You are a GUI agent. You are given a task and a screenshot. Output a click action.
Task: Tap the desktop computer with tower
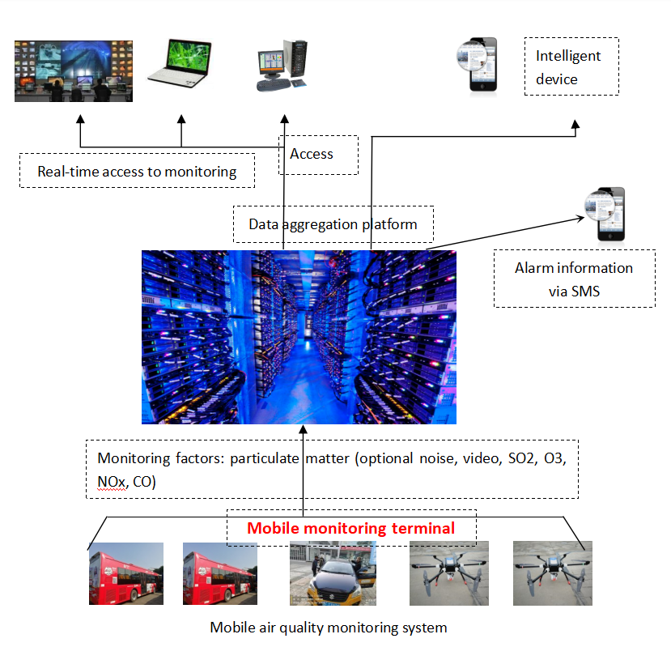click(x=282, y=66)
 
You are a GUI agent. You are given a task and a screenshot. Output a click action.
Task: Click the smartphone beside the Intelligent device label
click(x=483, y=66)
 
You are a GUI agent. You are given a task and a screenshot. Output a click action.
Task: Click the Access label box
click(x=312, y=154)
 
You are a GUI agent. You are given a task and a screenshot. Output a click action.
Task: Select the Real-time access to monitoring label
click(x=137, y=171)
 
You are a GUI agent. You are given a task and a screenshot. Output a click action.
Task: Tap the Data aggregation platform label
click(x=333, y=223)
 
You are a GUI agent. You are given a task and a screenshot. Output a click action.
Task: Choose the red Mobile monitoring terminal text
click(x=350, y=528)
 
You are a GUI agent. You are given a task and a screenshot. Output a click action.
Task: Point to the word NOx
click(x=112, y=482)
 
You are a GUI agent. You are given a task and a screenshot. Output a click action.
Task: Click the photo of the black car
click(x=333, y=573)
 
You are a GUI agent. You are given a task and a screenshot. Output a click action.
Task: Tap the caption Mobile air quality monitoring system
click(x=328, y=627)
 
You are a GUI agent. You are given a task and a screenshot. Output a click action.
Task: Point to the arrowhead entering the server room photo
click(x=304, y=430)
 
